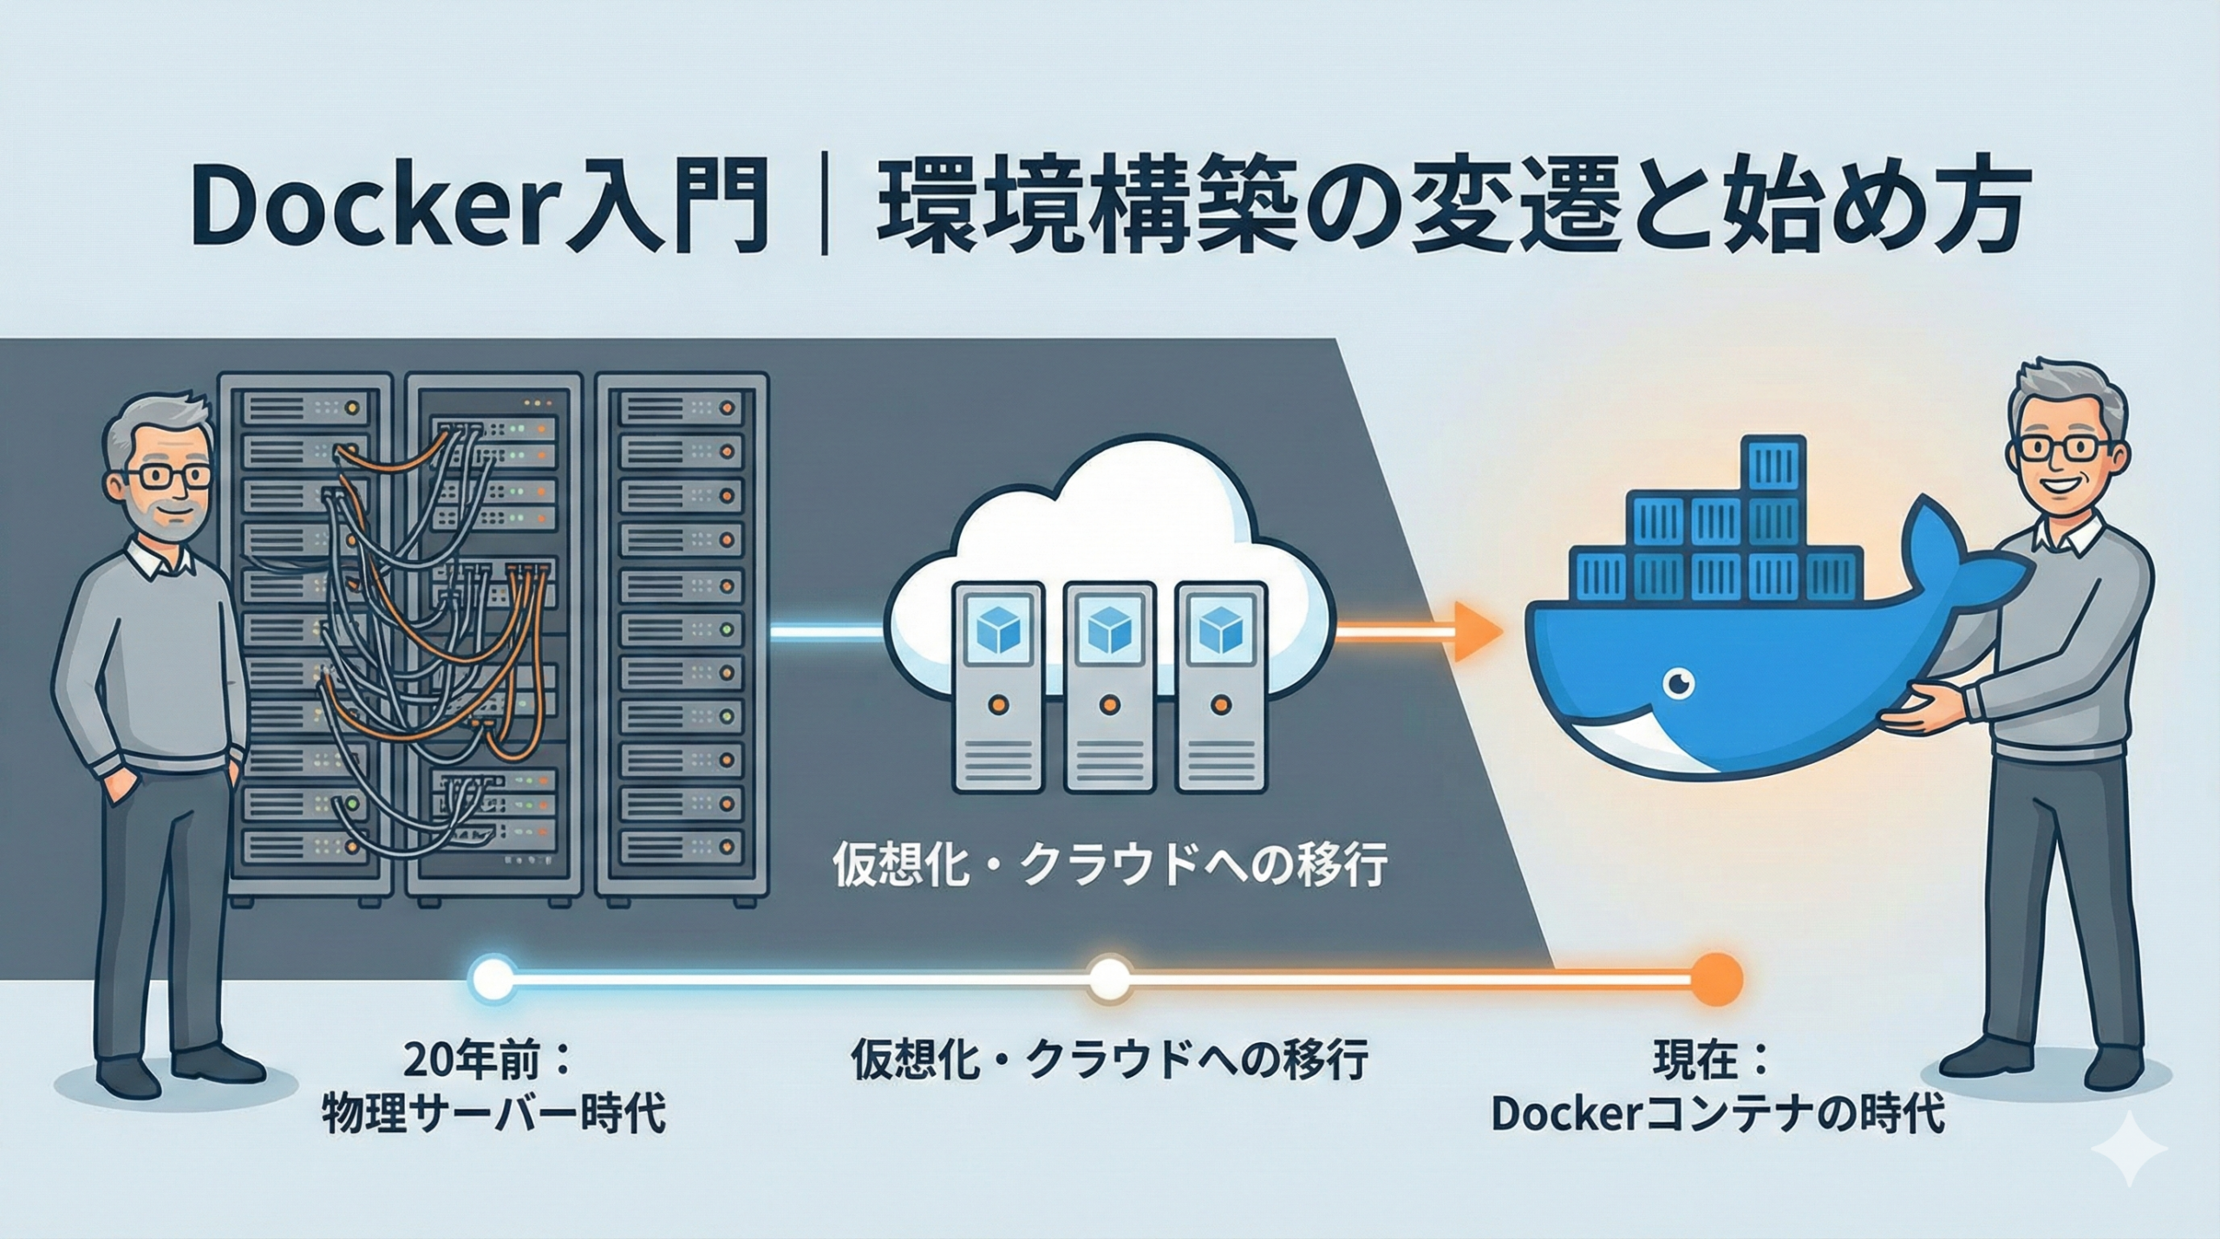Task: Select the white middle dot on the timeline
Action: pos(1110,980)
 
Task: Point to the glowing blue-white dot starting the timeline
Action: pos(493,980)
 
